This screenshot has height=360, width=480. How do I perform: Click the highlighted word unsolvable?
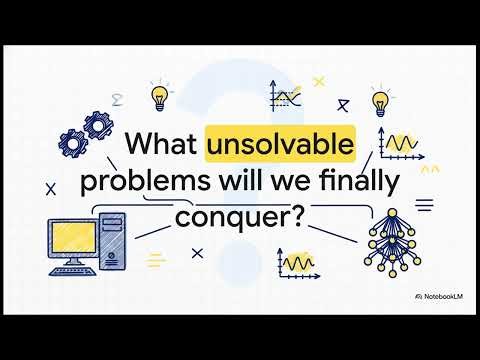pos(280,146)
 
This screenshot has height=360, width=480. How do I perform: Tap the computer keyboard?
pos(75,272)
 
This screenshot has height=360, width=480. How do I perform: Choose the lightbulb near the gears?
pos(157,96)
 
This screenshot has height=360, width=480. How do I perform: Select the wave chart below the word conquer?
pos(299,264)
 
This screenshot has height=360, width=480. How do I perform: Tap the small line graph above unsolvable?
pos(286,97)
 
